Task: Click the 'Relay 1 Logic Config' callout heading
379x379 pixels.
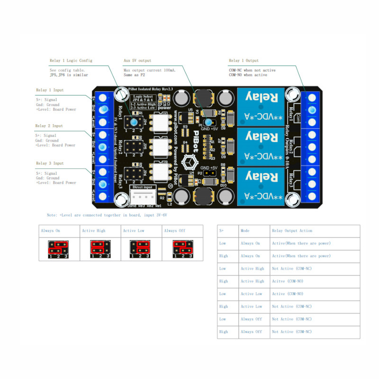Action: coord(71,61)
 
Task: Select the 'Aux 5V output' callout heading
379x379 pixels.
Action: coord(137,61)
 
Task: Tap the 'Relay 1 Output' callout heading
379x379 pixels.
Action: coord(244,61)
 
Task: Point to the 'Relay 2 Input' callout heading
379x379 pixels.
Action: coord(50,126)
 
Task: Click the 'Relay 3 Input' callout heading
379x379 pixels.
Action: coord(50,163)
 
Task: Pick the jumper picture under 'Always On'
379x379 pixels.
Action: coord(59,248)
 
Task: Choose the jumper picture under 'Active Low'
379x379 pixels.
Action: coord(141,248)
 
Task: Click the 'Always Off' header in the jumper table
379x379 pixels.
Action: coord(173,231)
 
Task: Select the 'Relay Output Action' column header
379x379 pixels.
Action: coord(292,231)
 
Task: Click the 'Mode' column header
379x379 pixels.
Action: coord(245,231)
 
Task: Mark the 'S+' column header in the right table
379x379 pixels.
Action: coord(221,231)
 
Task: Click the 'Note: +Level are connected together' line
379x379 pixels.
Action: coord(107,215)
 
